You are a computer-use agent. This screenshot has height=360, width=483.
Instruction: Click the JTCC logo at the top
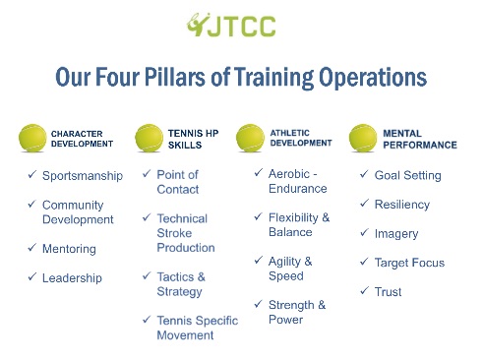231,25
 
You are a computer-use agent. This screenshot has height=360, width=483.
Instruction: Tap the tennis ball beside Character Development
32,138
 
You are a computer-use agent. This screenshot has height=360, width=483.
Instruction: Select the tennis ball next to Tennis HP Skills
149,138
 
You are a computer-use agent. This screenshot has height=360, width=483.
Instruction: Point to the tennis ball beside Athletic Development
250,138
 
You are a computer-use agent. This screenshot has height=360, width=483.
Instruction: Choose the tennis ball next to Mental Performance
363,138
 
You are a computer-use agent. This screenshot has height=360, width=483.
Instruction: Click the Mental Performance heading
420,139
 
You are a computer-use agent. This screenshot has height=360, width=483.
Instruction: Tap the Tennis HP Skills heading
193,139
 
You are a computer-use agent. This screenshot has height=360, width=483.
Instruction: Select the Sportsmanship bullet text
83,176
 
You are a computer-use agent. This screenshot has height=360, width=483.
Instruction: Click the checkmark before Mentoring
31,247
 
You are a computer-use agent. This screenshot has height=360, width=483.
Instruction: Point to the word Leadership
72,278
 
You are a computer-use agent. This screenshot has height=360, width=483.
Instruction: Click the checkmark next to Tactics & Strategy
147,275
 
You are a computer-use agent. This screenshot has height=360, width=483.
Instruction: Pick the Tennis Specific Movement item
198,328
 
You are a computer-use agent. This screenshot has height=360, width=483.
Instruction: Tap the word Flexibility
293,217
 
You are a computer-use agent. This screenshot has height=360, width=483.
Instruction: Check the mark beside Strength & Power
259,304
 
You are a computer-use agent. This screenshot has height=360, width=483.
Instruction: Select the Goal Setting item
408,175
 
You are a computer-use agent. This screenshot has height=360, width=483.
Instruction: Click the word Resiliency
402,205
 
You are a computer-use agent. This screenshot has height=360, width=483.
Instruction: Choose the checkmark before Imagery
364,232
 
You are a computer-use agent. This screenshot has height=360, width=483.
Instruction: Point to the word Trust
388,292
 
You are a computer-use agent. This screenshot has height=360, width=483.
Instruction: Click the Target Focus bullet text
409,263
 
